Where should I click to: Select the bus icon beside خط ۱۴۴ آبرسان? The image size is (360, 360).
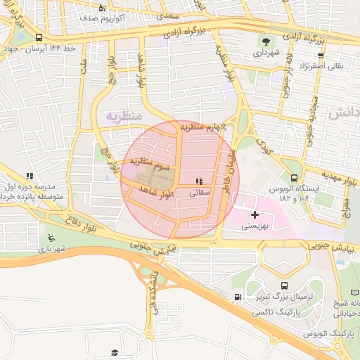(38, 38)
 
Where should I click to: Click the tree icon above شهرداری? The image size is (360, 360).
(266, 40)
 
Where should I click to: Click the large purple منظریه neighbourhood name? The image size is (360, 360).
(124, 115)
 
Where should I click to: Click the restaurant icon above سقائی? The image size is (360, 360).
(200, 181)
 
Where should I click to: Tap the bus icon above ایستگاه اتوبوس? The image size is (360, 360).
(294, 178)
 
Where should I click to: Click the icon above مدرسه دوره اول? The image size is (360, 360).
(29, 176)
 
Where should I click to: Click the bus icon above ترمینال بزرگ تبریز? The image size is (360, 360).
(284, 285)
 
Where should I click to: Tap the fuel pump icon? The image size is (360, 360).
(238, 296)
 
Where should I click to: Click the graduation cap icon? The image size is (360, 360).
(114, 352)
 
